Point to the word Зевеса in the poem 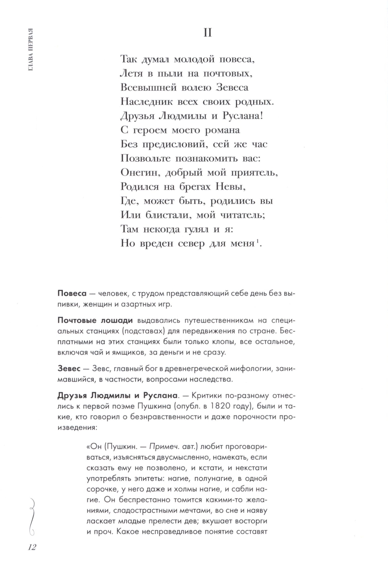tap(229, 88)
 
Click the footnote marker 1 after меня tap(256, 242)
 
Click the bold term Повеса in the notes tap(72, 293)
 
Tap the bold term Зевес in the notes tap(69, 369)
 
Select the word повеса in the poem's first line tap(237, 60)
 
